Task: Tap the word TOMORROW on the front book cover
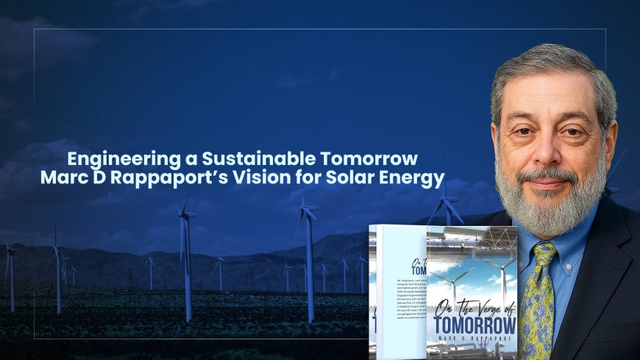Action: [x=475, y=324]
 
